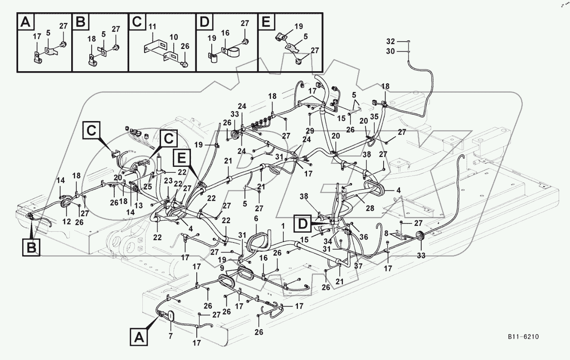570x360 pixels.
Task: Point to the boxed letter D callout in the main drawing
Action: tap(303, 223)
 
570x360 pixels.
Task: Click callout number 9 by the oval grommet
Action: tap(222, 268)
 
